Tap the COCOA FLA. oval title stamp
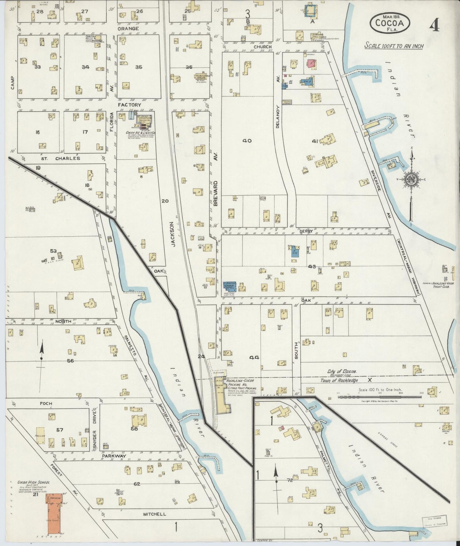click(390, 22)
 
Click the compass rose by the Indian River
click(412, 180)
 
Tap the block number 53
click(53, 251)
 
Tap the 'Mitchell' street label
click(154, 514)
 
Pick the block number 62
click(137, 484)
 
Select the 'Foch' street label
click(46, 403)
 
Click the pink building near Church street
click(310, 63)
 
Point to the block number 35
click(138, 67)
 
